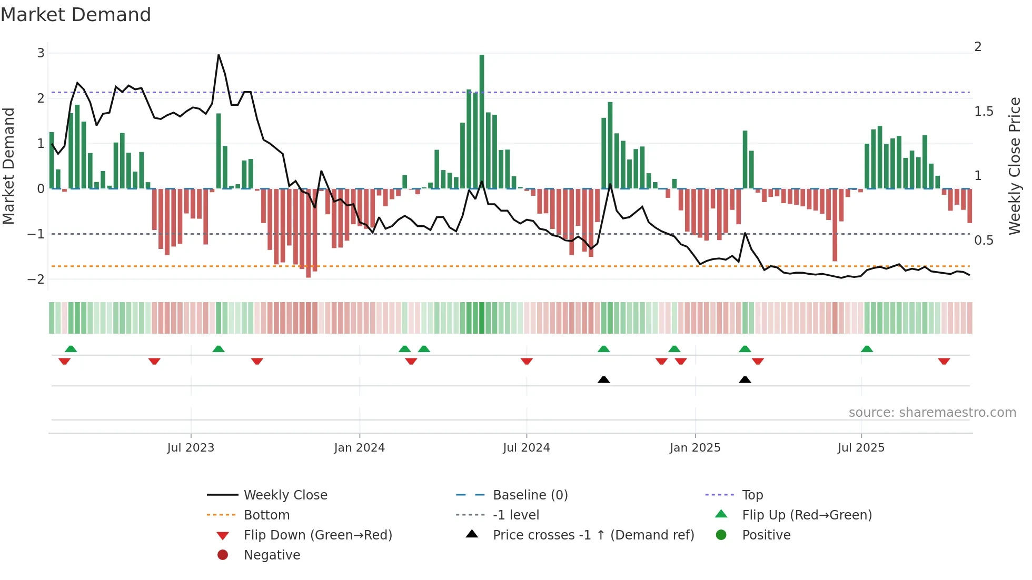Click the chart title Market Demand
point(76,15)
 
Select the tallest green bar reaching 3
point(482,121)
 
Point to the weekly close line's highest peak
point(219,55)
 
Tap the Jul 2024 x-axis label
point(526,448)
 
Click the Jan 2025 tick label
point(694,448)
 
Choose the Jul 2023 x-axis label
point(191,448)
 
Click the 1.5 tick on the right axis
point(983,112)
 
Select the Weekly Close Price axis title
point(1014,166)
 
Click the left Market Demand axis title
point(8,166)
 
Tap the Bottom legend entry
point(266,515)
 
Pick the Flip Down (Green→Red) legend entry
point(317,535)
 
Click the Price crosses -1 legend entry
point(593,535)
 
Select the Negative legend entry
point(272,555)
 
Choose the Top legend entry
point(752,495)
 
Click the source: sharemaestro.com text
point(932,412)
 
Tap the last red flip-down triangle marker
point(944,361)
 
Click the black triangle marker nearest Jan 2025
point(745,379)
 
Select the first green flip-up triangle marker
point(71,349)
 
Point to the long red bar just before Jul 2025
point(835,225)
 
